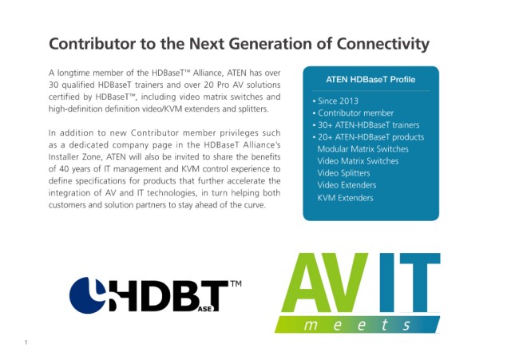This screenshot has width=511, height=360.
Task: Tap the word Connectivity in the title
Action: click(x=382, y=45)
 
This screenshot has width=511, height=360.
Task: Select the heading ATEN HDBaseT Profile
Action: click(x=370, y=80)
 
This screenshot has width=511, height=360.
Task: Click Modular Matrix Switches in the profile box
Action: click(x=362, y=149)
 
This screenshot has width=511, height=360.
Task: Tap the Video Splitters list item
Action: click(x=343, y=173)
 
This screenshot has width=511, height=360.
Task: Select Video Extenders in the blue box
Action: click(x=347, y=185)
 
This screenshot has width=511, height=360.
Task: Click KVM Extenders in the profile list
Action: click(x=345, y=198)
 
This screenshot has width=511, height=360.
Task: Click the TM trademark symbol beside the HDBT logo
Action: click(x=236, y=283)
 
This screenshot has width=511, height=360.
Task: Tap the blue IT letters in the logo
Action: click(x=410, y=282)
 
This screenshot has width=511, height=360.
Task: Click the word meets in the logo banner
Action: click(x=357, y=325)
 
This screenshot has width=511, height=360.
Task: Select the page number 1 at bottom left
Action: click(x=26, y=342)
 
